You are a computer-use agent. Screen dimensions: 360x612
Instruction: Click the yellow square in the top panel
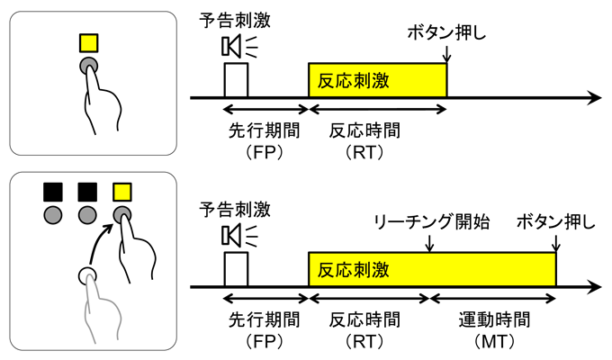click(x=88, y=42)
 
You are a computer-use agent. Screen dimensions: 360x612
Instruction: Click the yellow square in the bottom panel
click(x=121, y=191)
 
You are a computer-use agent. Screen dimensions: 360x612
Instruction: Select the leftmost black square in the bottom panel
click(x=53, y=191)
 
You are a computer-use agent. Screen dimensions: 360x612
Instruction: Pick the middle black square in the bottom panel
click(x=87, y=191)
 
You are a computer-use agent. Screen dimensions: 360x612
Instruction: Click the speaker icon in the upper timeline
click(x=231, y=44)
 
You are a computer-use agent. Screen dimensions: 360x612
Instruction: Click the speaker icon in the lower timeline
click(x=231, y=235)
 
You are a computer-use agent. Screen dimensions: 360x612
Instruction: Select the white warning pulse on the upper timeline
click(x=236, y=79)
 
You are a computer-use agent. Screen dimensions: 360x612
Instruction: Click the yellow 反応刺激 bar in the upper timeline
click(x=377, y=80)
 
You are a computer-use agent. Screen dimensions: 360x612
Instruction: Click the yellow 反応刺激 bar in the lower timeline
click(x=432, y=270)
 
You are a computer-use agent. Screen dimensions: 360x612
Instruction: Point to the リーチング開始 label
click(x=431, y=220)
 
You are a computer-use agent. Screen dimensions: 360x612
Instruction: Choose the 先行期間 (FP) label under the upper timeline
click(x=265, y=139)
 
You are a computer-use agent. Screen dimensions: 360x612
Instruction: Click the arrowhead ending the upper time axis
click(x=595, y=96)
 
